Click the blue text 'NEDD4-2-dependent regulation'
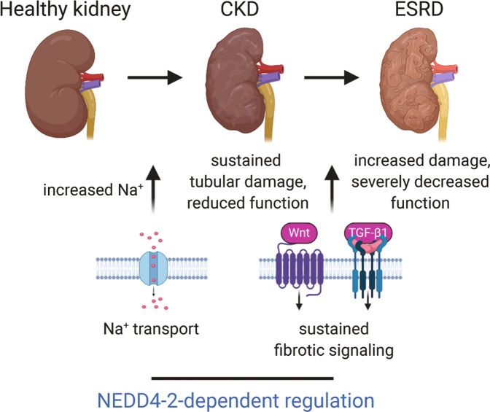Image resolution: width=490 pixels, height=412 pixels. pyautogui.click(x=244, y=400)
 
